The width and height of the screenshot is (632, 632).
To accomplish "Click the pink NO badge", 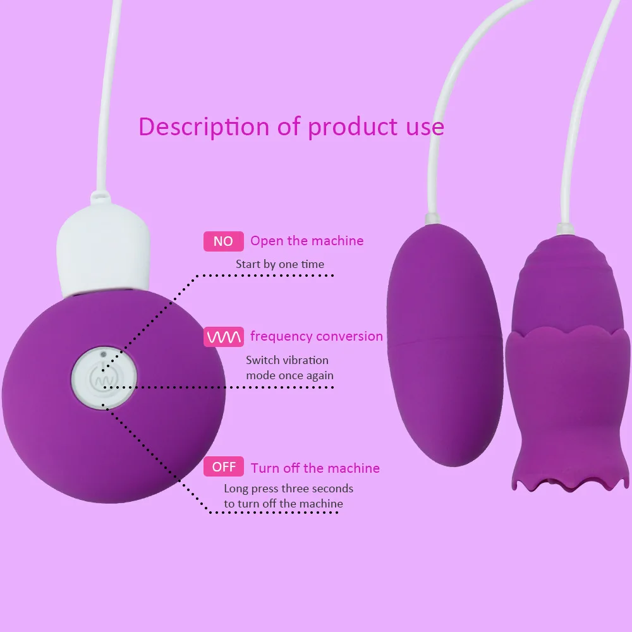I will [x=223, y=241].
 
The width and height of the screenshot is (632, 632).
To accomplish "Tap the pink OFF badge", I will [x=224, y=467].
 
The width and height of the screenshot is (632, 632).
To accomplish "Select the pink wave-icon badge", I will [x=224, y=337].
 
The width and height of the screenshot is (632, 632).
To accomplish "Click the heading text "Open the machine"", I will [x=307, y=241].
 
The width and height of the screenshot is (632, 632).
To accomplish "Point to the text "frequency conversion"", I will [x=316, y=336].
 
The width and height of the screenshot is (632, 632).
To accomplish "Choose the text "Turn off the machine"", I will [x=315, y=468].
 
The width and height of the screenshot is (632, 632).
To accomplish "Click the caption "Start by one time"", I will [x=279, y=264].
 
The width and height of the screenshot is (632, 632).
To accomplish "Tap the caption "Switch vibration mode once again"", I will [x=289, y=368].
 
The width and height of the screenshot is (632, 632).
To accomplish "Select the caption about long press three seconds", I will [x=288, y=496].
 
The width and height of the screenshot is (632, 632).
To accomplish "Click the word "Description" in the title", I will [x=204, y=126].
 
